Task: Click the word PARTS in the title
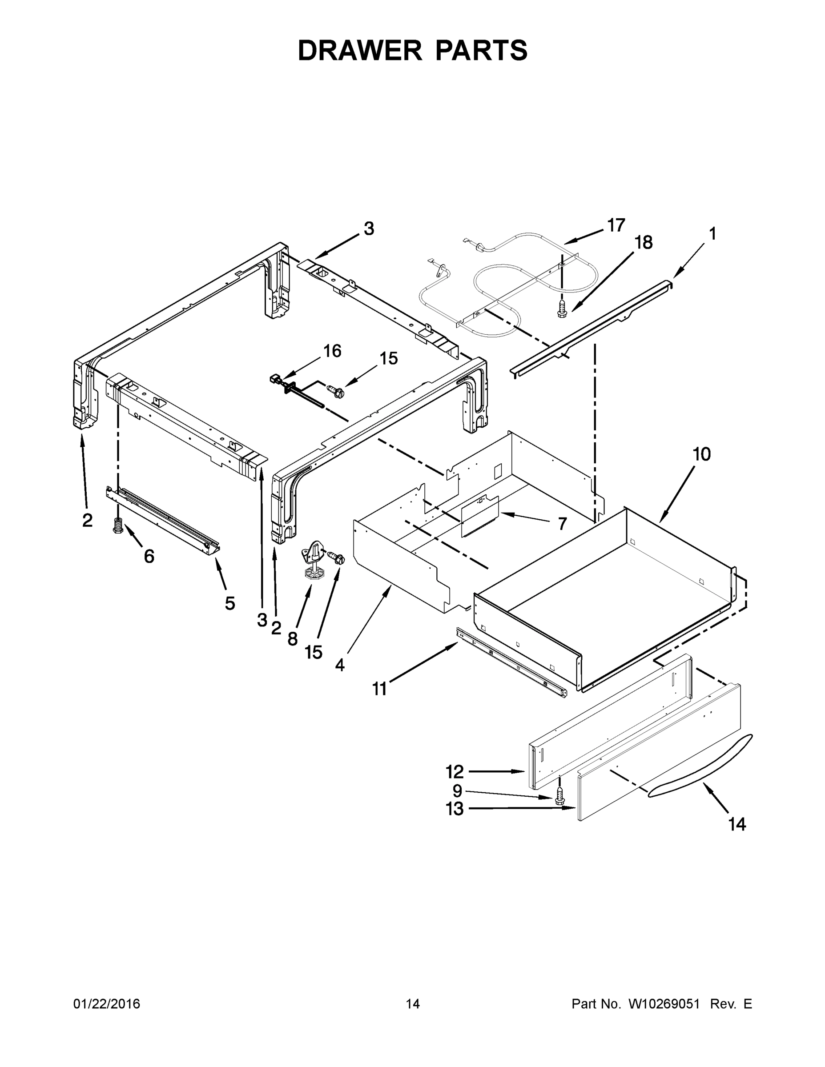[x=481, y=50]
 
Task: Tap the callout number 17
[x=616, y=225]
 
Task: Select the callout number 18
[x=644, y=242]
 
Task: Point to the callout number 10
[x=702, y=454]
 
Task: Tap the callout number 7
[x=562, y=524]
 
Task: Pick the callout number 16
[x=332, y=351]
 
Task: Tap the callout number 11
[x=379, y=689]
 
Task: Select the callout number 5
[x=229, y=603]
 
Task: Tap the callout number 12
[x=454, y=772]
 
